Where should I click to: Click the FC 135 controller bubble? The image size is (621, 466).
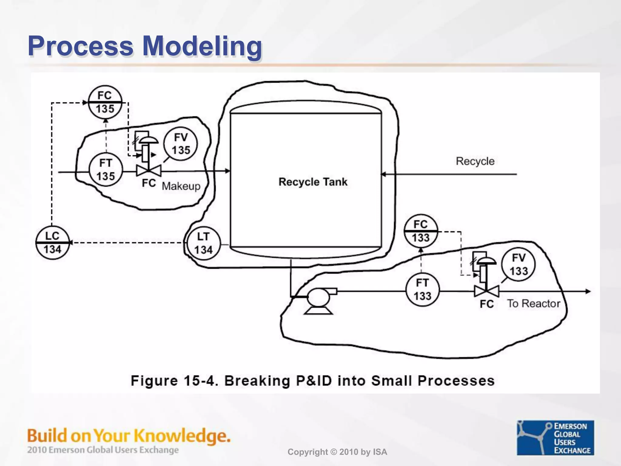105,102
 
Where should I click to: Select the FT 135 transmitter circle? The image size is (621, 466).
106,170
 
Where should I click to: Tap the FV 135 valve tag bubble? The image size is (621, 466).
180,144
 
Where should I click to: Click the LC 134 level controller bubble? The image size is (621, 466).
52,243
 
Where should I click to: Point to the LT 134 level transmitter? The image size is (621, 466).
203,243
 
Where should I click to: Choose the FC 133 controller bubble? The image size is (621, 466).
421,231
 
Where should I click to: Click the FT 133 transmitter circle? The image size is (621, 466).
422,290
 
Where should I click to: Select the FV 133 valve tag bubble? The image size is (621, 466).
519,264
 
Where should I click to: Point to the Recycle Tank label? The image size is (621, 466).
313,182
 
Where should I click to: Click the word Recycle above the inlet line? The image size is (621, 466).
475,161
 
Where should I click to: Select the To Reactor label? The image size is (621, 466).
534,304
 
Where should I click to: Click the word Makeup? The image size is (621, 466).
181,186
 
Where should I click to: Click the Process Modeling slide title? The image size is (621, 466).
145,46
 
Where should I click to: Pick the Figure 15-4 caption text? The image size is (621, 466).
313,381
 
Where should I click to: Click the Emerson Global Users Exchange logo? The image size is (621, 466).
555,438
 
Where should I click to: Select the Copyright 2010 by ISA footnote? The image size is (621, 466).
337,452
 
